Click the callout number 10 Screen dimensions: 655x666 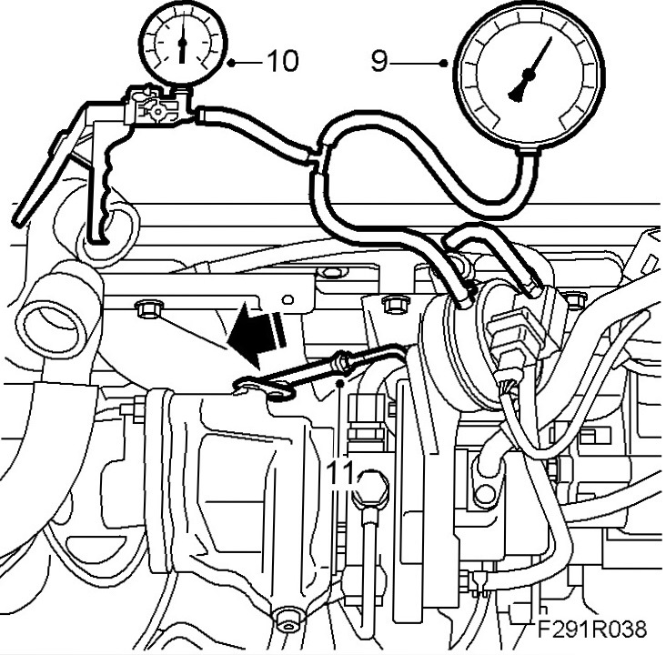click(x=281, y=61)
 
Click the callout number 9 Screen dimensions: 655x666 click(x=379, y=61)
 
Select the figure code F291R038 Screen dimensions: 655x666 click(x=590, y=630)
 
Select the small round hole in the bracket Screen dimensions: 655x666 click(x=289, y=297)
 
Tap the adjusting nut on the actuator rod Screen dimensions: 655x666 click(x=344, y=362)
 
